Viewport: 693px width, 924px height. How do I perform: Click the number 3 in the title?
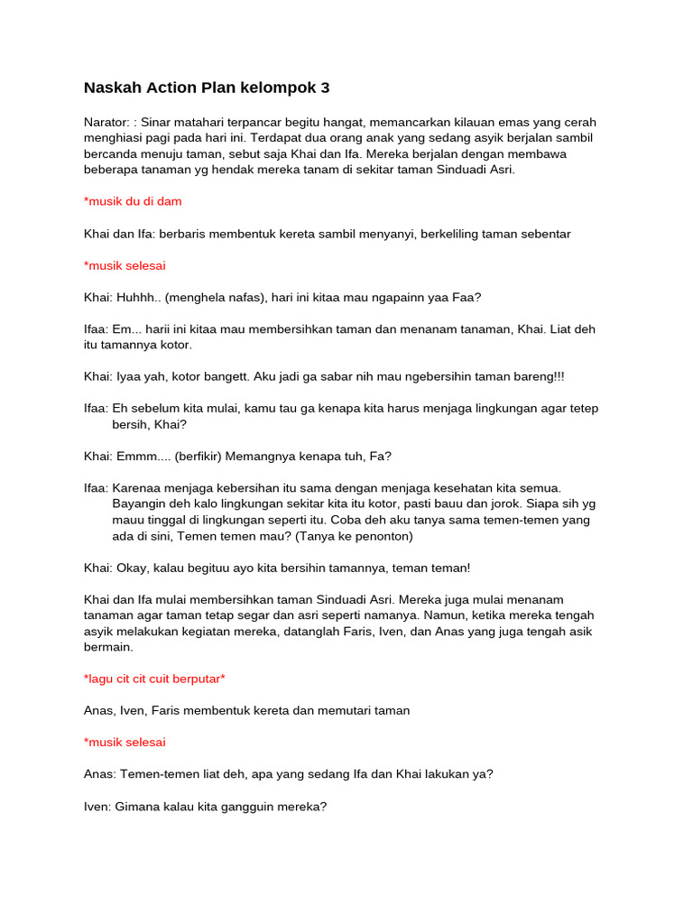pos(325,88)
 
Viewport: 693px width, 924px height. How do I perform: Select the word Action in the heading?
pos(172,88)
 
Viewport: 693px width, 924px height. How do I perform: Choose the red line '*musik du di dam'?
pos(133,201)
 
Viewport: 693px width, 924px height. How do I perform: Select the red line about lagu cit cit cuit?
pos(154,678)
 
